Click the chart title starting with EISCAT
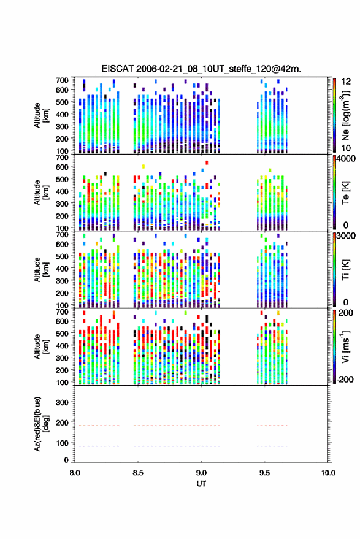click(x=201, y=69)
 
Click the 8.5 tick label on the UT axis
click(x=138, y=473)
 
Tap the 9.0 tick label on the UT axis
click(x=201, y=473)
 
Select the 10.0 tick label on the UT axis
click(x=328, y=473)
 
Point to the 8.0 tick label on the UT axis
click(x=75, y=473)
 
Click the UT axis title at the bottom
click(x=201, y=484)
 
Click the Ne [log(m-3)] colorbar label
click(x=345, y=115)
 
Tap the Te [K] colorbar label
click(x=345, y=193)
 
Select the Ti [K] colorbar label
click(x=345, y=270)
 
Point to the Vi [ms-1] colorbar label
click(x=345, y=346)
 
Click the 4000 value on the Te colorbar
click(x=346, y=159)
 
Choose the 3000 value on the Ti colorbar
click(x=346, y=236)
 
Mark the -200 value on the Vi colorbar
click(x=345, y=380)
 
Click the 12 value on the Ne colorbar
click(x=346, y=82)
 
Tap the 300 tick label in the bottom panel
click(x=62, y=402)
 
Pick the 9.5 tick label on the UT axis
click(x=264, y=473)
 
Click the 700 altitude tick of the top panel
click(x=62, y=80)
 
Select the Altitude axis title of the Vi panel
click(x=40, y=346)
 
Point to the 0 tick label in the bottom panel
click(x=66, y=460)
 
